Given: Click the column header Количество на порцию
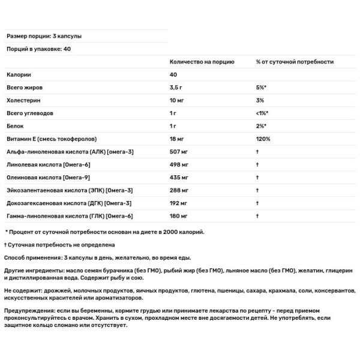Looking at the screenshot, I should coord(202,62).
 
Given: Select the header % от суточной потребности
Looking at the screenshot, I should coord(295,62).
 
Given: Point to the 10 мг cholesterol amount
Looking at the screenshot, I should coord(179,100).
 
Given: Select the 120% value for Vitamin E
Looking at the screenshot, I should coord(263,139).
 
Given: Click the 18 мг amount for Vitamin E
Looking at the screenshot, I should coord(179,139).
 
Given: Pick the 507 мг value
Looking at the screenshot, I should coord(181,151).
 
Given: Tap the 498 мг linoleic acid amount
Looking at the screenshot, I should coord(181,164).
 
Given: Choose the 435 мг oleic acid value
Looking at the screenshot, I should coord(181,177).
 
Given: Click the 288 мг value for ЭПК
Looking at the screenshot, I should coord(181,190).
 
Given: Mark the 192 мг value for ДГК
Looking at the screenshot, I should coord(180,202).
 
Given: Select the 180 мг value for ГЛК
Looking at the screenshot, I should coord(180,215).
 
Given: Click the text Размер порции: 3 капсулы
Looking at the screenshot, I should coord(43,36).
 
